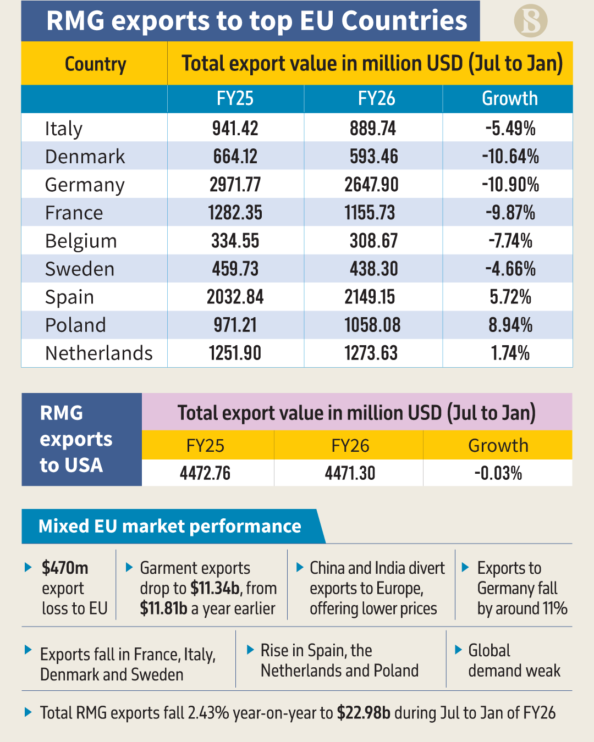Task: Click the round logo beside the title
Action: pos(530,21)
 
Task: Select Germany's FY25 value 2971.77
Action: pos(235,185)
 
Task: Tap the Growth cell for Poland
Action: pos(510,325)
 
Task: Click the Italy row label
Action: pos(64,129)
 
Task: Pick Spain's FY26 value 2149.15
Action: pos(370,297)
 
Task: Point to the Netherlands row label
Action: pos(99,353)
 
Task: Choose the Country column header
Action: pos(95,64)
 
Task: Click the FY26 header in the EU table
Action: pos(376,99)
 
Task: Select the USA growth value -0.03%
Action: pos(498,473)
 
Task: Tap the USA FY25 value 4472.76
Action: pos(205,473)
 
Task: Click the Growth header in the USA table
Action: pos(498,445)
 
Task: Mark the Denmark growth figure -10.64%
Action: pos(510,157)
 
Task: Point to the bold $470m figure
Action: pos(65,568)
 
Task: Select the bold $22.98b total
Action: pos(364,713)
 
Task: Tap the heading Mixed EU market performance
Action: pos(169,527)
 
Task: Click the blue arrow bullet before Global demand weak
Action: pos(459,650)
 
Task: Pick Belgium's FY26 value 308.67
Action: pos(373,241)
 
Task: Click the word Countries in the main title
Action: pos(404,21)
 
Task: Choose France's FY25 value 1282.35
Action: pos(235,213)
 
